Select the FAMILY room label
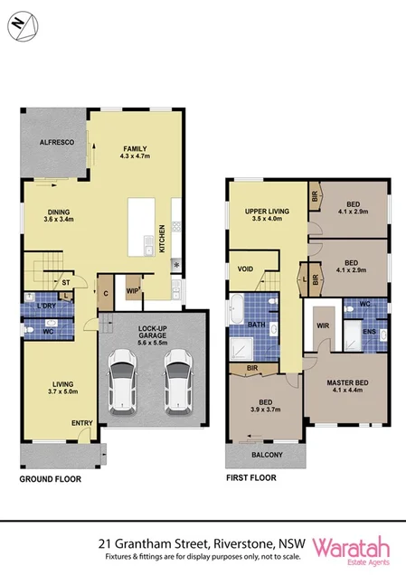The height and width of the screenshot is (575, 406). click(x=136, y=149)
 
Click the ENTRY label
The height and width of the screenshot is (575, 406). click(x=82, y=423)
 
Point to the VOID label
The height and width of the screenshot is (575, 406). click(x=245, y=269)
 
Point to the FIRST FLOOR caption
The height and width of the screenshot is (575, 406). click(x=250, y=478)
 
